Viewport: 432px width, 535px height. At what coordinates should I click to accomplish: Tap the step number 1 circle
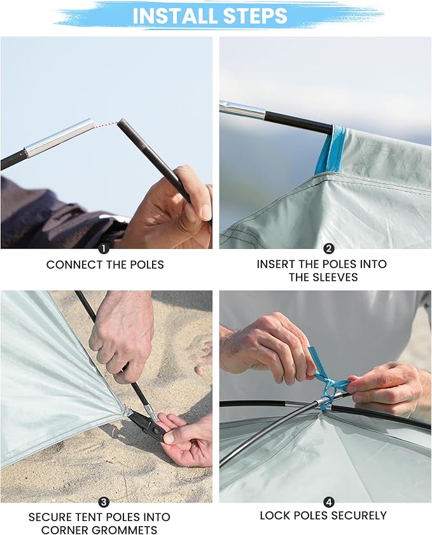pyautogui.click(x=104, y=249)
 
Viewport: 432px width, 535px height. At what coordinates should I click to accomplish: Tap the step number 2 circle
pyautogui.click(x=329, y=249)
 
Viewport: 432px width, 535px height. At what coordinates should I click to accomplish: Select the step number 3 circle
pyautogui.click(x=104, y=502)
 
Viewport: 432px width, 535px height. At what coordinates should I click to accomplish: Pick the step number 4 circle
pyautogui.click(x=329, y=502)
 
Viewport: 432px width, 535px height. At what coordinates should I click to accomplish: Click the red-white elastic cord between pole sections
pyautogui.click(x=105, y=124)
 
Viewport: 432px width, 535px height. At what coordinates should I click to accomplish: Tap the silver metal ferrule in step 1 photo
pyautogui.click(x=59, y=138)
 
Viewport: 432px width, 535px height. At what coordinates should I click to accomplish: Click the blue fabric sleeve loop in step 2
pyautogui.click(x=330, y=149)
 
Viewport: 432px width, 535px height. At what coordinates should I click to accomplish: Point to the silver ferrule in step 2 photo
pyautogui.click(x=242, y=110)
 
